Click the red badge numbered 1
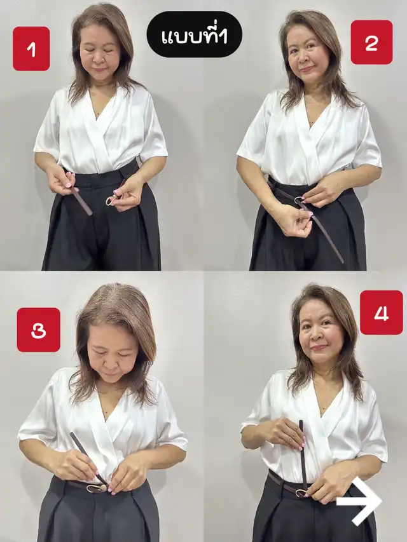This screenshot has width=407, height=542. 31,49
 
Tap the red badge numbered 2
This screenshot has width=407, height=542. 371,42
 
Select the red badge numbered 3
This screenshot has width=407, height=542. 38,330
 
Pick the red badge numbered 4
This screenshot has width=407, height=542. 382,313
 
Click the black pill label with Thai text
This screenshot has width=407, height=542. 195,34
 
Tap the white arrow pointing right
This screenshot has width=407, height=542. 359,501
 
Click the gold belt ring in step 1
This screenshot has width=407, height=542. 111,200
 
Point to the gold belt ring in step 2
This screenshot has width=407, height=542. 299,201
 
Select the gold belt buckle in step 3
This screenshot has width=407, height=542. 97,488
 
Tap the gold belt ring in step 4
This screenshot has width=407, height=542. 301,493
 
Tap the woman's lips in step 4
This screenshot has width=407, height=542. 319,347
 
